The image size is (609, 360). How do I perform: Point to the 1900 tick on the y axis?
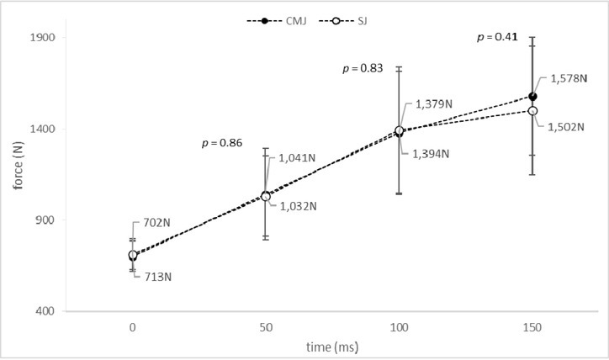(x=42, y=38)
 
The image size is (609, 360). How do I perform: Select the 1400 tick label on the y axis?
(x=42, y=130)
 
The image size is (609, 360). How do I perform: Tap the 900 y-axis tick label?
(x=45, y=220)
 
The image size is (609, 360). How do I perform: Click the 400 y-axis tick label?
(x=45, y=312)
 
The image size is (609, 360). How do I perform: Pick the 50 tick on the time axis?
(x=266, y=325)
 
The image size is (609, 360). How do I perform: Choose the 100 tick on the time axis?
(x=399, y=325)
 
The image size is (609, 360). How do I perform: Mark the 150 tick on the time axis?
(x=532, y=325)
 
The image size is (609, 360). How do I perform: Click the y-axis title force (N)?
(x=17, y=175)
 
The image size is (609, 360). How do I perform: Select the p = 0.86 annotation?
(x=222, y=143)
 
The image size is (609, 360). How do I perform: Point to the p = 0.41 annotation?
(x=497, y=37)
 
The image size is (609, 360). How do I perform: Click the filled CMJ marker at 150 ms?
(x=532, y=97)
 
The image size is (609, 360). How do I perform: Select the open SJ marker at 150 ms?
(x=532, y=111)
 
